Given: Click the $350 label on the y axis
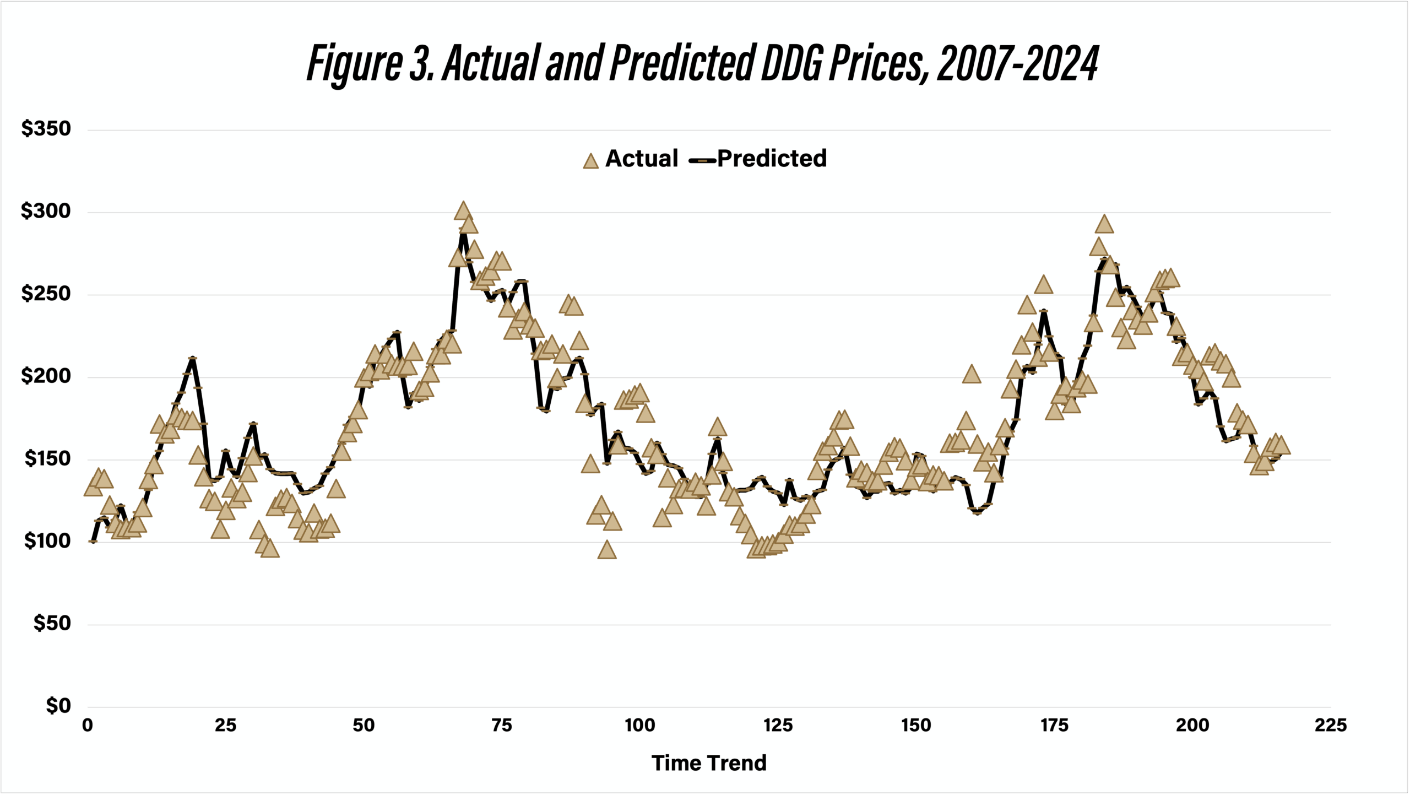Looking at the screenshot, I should pyautogui.click(x=46, y=129).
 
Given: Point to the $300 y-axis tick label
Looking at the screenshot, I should pyautogui.click(x=46, y=211).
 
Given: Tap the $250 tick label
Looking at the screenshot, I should pyautogui.click(x=46, y=294).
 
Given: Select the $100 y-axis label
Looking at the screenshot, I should pyautogui.click(x=47, y=541).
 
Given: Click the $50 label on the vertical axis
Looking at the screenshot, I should pyautogui.click(x=52, y=624).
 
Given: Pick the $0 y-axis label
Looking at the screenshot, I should pyautogui.click(x=58, y=706).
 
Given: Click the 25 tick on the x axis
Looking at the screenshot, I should pyautogui.click(x=225, y=725).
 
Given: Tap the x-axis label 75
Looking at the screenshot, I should pyautogui.click(x=501, y=725).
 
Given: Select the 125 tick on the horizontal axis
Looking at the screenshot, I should pyautogui.click(x=778, y=725).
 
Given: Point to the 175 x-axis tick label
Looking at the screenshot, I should pyautogui.click(x=1054, y=725).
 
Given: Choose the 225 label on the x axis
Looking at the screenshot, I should pyautogui.click(x=1331, y=725).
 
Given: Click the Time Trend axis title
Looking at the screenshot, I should pyautogui.click(x=709, y=763).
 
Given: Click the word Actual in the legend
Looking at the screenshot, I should pyautogui.click(x=642, y=159).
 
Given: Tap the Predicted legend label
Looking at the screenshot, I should pyautogui.click(x=772, y=159).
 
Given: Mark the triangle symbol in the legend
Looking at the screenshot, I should pyautogui.click(x=590, y=161).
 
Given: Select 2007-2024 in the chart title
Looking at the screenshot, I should pyautogui.click(x=1017, y=63).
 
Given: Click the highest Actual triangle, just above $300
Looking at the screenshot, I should pyautogui.click(x=463, y=210).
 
